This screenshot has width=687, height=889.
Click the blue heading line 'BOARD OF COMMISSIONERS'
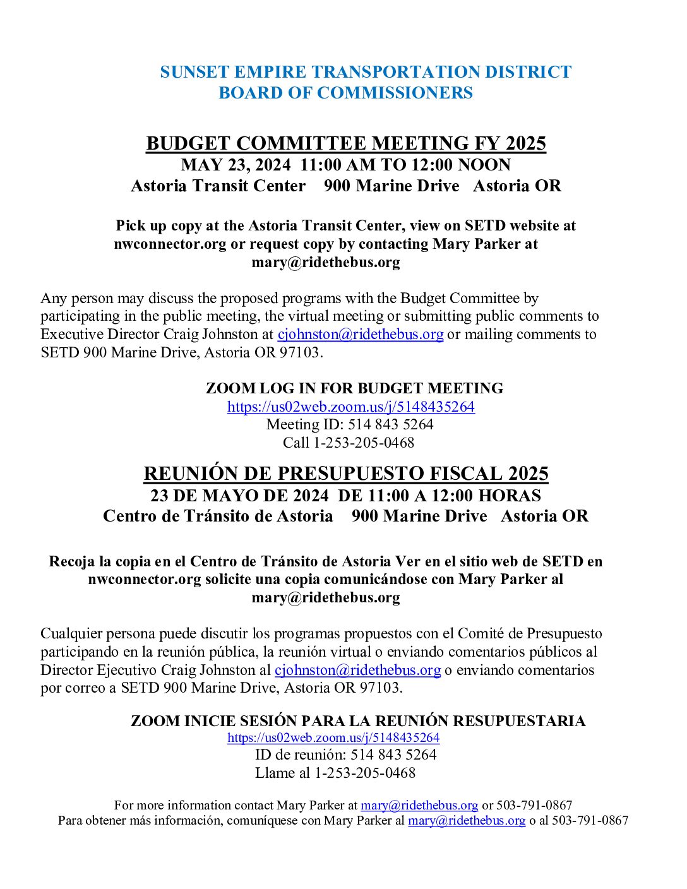tap(345, 93)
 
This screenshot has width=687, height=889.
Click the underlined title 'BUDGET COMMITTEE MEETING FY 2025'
tap(345, 143)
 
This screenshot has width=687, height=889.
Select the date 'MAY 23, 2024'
tap(236, 165)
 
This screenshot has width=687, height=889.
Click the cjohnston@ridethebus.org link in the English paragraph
tap(361, 334)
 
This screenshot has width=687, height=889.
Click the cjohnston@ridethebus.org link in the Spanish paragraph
tap(357, 670)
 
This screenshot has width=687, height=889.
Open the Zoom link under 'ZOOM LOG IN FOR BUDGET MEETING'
tap(350, 407)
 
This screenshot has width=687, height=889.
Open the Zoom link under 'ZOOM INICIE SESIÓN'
tap(333, 737)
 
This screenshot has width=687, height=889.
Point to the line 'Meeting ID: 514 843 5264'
tap(350, 424)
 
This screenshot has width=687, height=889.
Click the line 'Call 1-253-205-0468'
tap(349, 443)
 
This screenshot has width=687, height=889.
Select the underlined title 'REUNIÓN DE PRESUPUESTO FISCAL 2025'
tap(345, 474)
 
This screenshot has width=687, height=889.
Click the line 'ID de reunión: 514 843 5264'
tap(345, 755)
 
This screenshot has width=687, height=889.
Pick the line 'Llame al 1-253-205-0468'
tap(335, 773)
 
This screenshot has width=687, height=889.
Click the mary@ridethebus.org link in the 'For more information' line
tap(419, 805)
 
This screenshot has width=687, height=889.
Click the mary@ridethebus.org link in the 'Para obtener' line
tap(467, 820)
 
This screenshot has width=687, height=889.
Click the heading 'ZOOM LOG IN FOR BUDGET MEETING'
tap(354, 388)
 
